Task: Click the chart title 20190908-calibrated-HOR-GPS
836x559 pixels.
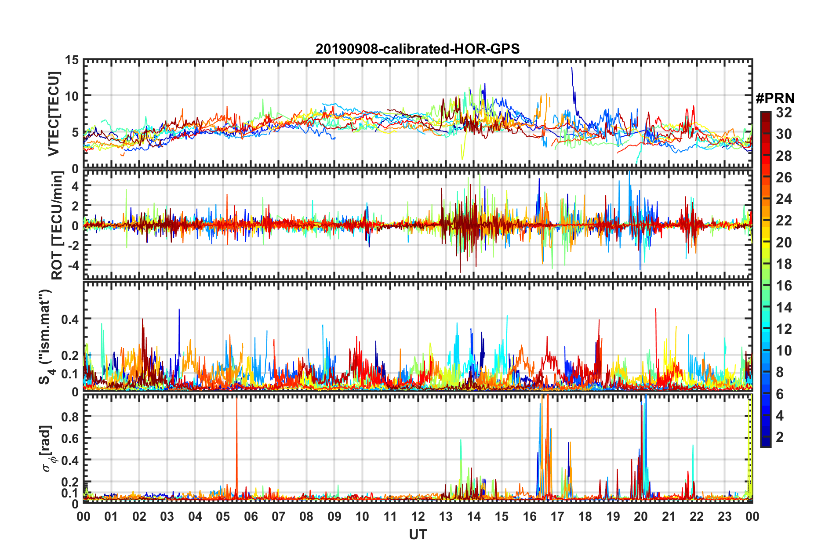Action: (x=418, y=49)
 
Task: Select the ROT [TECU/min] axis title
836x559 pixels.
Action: (x=57, y=225)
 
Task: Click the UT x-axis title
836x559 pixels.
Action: (x=418, y=534)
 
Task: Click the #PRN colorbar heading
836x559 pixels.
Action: (x=775, y=98)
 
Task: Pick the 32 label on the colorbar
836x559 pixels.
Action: (x=784, y=113)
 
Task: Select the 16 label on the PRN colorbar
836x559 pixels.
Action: (x=784, y=286)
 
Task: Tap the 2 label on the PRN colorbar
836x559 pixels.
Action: (x=780, y=437)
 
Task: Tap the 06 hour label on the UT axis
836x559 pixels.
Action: (x=251, y=516)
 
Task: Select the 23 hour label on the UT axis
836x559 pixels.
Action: (x=724, y=516)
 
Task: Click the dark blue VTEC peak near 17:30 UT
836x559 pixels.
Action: (x=572, y=69)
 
